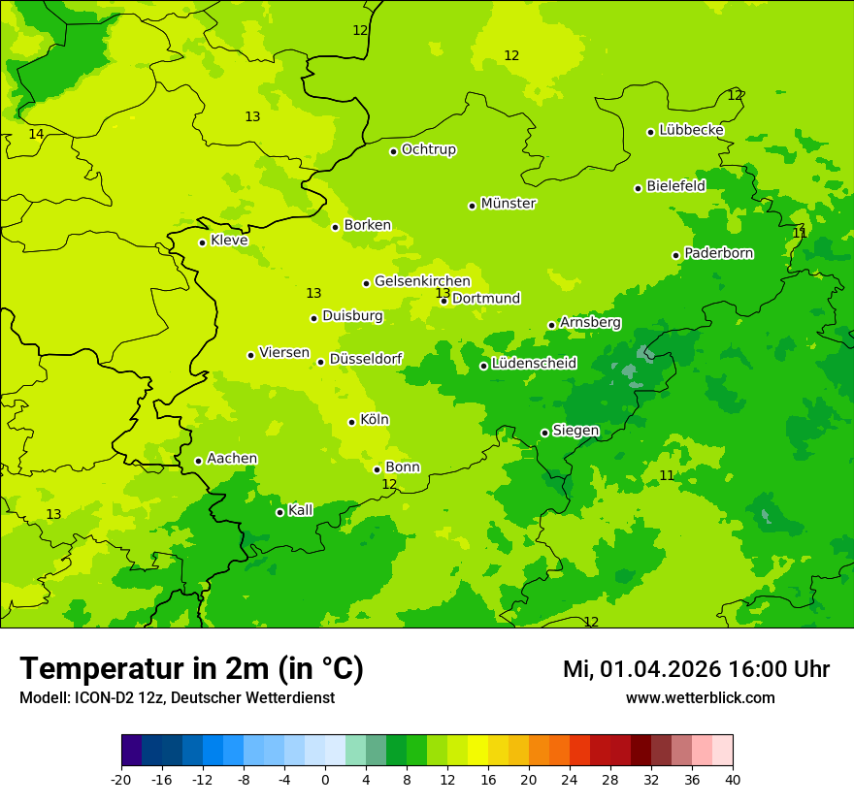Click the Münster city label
(x=509, y=204)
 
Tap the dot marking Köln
(x=352, y=422)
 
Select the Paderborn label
(x=719, y=253)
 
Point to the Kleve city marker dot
(x=202, y=242)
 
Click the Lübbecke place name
(x=692, y=130)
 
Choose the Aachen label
(x=232, y=459)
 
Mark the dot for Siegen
(x=544, y=433)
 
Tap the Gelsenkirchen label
(x=422, y=281)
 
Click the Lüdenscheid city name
(x=534, y=364)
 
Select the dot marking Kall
(x=279, y=512)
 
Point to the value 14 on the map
(x=36, y=134)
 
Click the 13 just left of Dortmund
(x=443, y=293)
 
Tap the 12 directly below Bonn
(x=389, y=484)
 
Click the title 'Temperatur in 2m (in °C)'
(x=191, y=669)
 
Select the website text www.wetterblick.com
(x=700, y=698)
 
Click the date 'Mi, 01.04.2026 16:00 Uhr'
(x=696, y=669)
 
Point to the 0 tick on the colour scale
(x=325, y=780)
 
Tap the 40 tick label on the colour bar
(x=733, y=780)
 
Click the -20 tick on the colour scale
(x=121, y=780)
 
